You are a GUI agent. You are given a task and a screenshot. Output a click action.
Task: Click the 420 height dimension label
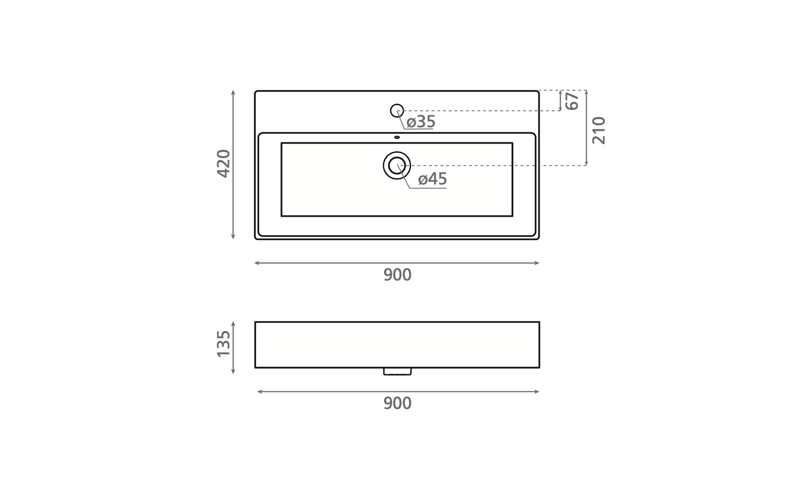224,164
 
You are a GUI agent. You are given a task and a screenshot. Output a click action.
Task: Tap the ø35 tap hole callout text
421,122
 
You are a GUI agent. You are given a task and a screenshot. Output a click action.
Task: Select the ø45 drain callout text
433,179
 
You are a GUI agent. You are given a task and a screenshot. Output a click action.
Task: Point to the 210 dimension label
599,131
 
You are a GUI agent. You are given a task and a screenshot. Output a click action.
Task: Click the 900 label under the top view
398,275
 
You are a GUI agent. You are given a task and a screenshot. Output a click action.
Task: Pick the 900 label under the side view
398,403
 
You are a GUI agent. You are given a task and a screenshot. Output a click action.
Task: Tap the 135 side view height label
224,344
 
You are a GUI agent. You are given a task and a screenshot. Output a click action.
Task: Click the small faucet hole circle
397,110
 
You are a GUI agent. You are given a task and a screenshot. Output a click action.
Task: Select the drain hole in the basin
397,165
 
